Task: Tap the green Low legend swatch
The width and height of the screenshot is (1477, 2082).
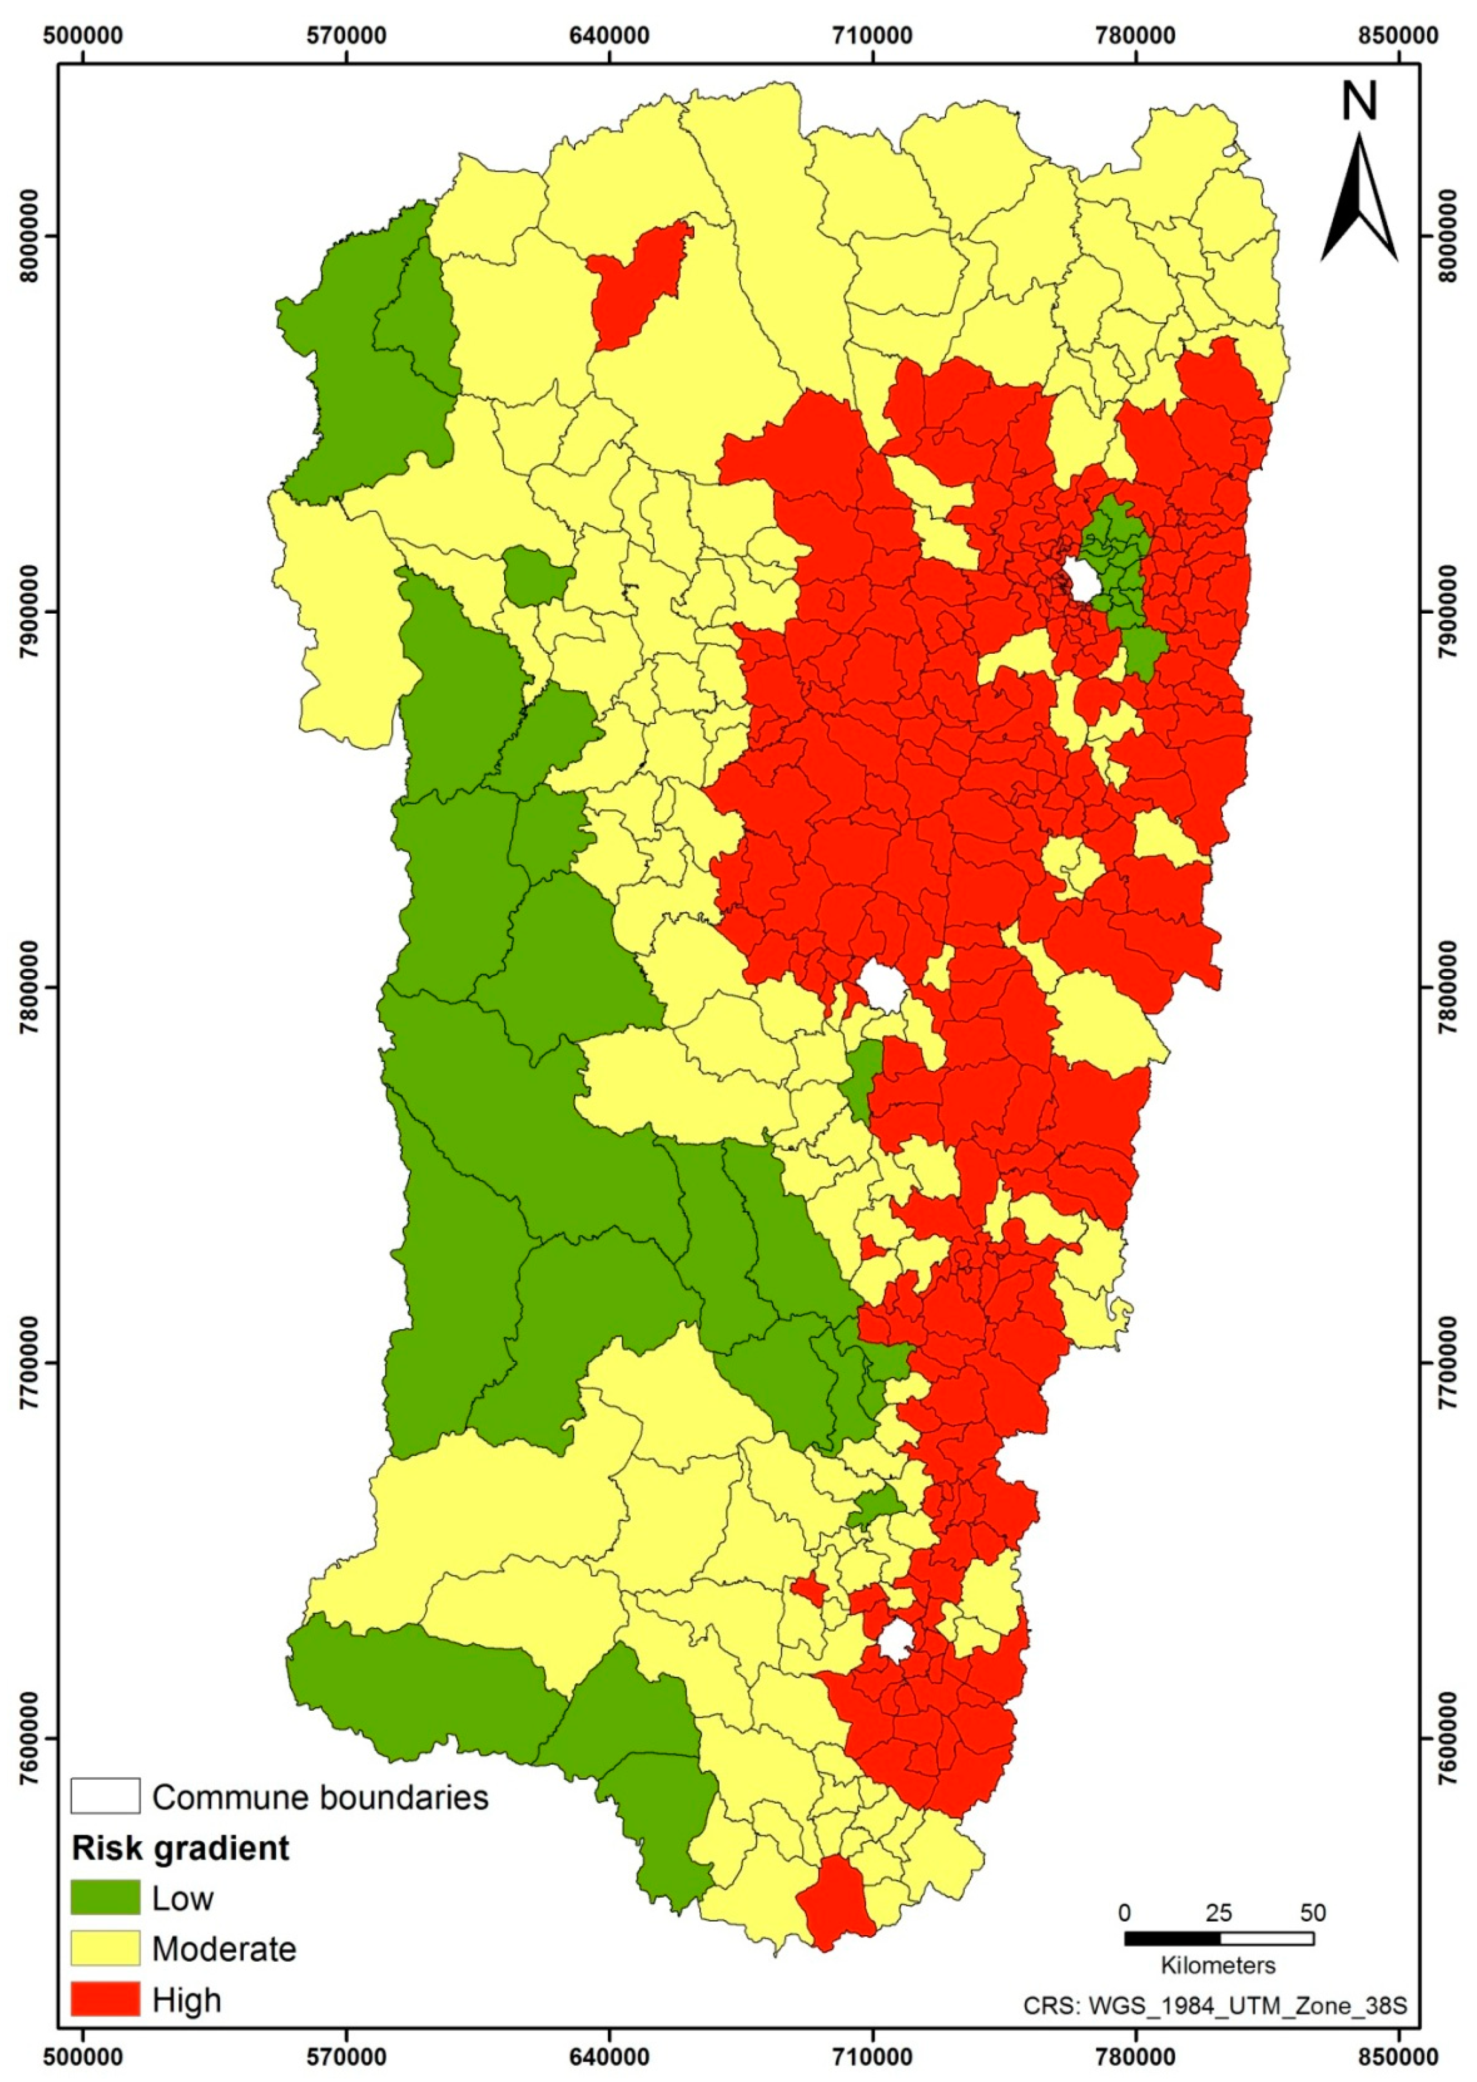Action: point(106,1897)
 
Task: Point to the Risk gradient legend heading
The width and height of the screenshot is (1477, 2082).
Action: point(180,1847)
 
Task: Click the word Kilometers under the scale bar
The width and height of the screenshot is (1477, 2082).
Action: point(1218,1965)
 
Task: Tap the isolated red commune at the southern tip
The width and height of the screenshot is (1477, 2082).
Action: point(835,1901)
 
